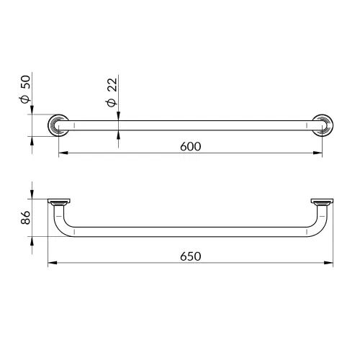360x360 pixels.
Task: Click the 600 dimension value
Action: pyautogui.click(x=191, y=146)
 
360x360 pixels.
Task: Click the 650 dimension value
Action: pyautogui.click(x=191, y=256)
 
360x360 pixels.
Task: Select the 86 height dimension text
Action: pyautogui.click(x=25, y=217)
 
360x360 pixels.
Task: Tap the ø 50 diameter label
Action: pyautogui.click(x=25, y=89)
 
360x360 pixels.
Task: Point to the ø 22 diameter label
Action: pyautogui.click(x=112, y=92)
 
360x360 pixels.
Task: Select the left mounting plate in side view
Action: pyautogui.click(x=59, y=201)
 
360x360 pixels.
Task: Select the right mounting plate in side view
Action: pyautogui.click(x=322, y=201)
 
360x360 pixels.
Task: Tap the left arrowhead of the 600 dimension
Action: pyautogui.click(x=63, y=153)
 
